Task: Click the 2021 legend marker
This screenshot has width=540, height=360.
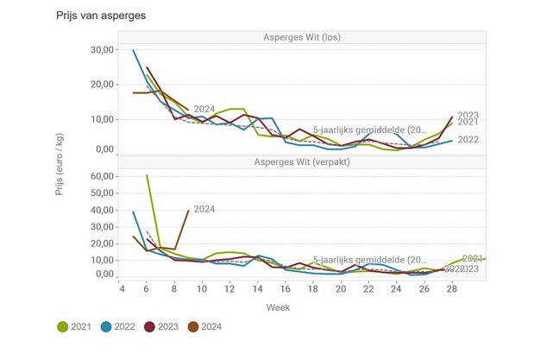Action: point(63,327)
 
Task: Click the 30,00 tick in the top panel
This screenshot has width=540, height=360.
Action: point(102,50)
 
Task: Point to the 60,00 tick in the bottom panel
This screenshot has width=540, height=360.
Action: point(102,176)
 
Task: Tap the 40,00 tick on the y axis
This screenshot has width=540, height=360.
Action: point(102,210)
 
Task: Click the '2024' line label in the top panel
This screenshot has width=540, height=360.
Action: point(204,109)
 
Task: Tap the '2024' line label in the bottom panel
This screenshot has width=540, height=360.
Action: point(204,209)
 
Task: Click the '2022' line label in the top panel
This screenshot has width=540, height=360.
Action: point(468,139)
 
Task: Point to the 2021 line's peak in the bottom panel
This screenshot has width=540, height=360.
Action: point(147,175)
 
